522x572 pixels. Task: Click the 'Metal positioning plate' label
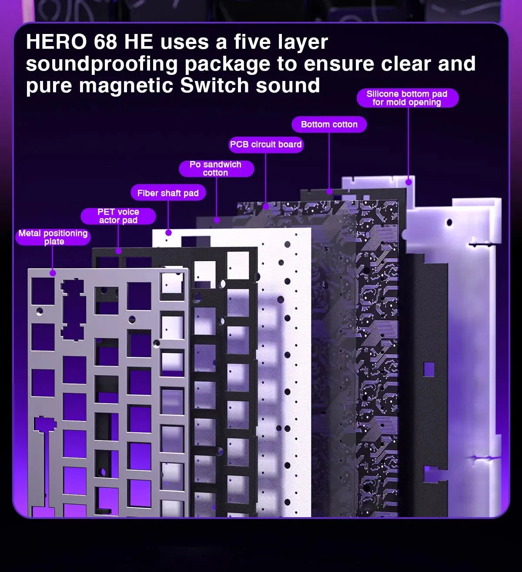[54, 237]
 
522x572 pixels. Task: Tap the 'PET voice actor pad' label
[118, 216]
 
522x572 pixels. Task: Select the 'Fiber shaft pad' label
[168, 193]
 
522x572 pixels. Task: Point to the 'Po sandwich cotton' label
[216, 168]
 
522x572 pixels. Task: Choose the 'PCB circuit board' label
[266, 145]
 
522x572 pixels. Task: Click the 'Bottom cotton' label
[329, 124]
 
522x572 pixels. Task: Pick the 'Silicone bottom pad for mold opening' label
[407, 98]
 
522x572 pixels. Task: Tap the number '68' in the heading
[105, 42]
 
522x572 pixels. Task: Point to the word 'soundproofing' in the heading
[102, 64]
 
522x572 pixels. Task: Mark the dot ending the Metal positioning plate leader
[53, 273]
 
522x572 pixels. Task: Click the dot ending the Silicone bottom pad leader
[408, 182]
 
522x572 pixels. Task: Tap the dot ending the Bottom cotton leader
[329, 191]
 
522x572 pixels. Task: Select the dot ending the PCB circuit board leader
[266, 206]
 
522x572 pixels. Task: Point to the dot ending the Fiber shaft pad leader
[168, 233]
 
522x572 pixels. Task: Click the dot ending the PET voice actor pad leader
[118, 251]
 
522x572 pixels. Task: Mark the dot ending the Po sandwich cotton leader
[217, 220]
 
